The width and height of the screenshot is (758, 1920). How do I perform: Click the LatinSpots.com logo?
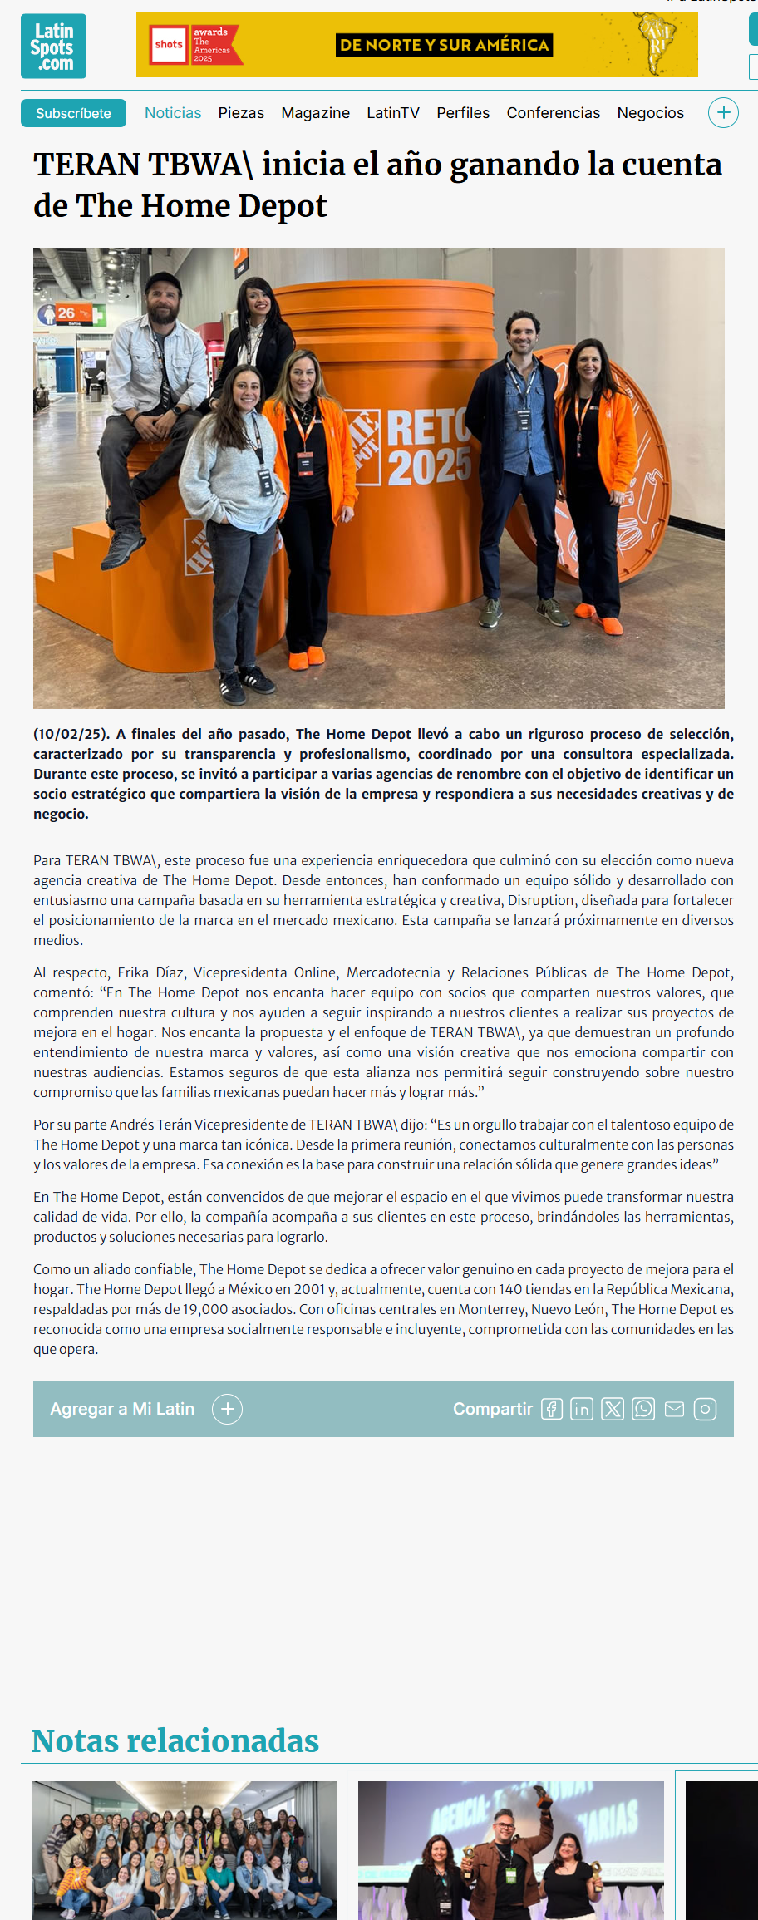coord(53,47)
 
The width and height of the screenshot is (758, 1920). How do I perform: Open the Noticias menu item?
coord(173,113)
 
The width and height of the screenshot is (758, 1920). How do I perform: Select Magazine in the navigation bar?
coord(315,113)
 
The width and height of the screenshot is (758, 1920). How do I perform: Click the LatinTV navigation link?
coord(393,113)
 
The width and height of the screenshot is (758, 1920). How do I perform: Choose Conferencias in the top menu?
coord(553,113)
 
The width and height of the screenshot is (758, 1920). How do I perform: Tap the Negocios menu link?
coord(650,113)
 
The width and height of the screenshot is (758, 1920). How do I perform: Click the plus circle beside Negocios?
coord(723,113)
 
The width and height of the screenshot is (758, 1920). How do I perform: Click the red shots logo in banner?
coord(169,45)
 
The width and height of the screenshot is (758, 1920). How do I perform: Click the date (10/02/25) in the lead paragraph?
coord(71,734)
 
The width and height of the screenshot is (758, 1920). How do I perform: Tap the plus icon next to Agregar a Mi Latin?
coord(227,1409)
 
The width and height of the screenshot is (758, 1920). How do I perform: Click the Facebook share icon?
coord(552,1409)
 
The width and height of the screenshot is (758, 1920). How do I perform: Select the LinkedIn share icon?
coord(582,1409)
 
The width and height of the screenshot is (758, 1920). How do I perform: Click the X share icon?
coord(613,1409)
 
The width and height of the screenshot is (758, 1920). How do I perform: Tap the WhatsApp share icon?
coord(643,1409)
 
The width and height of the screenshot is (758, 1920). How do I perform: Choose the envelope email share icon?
coord(674,1409)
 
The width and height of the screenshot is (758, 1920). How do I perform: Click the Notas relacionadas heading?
coord(175,1741)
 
